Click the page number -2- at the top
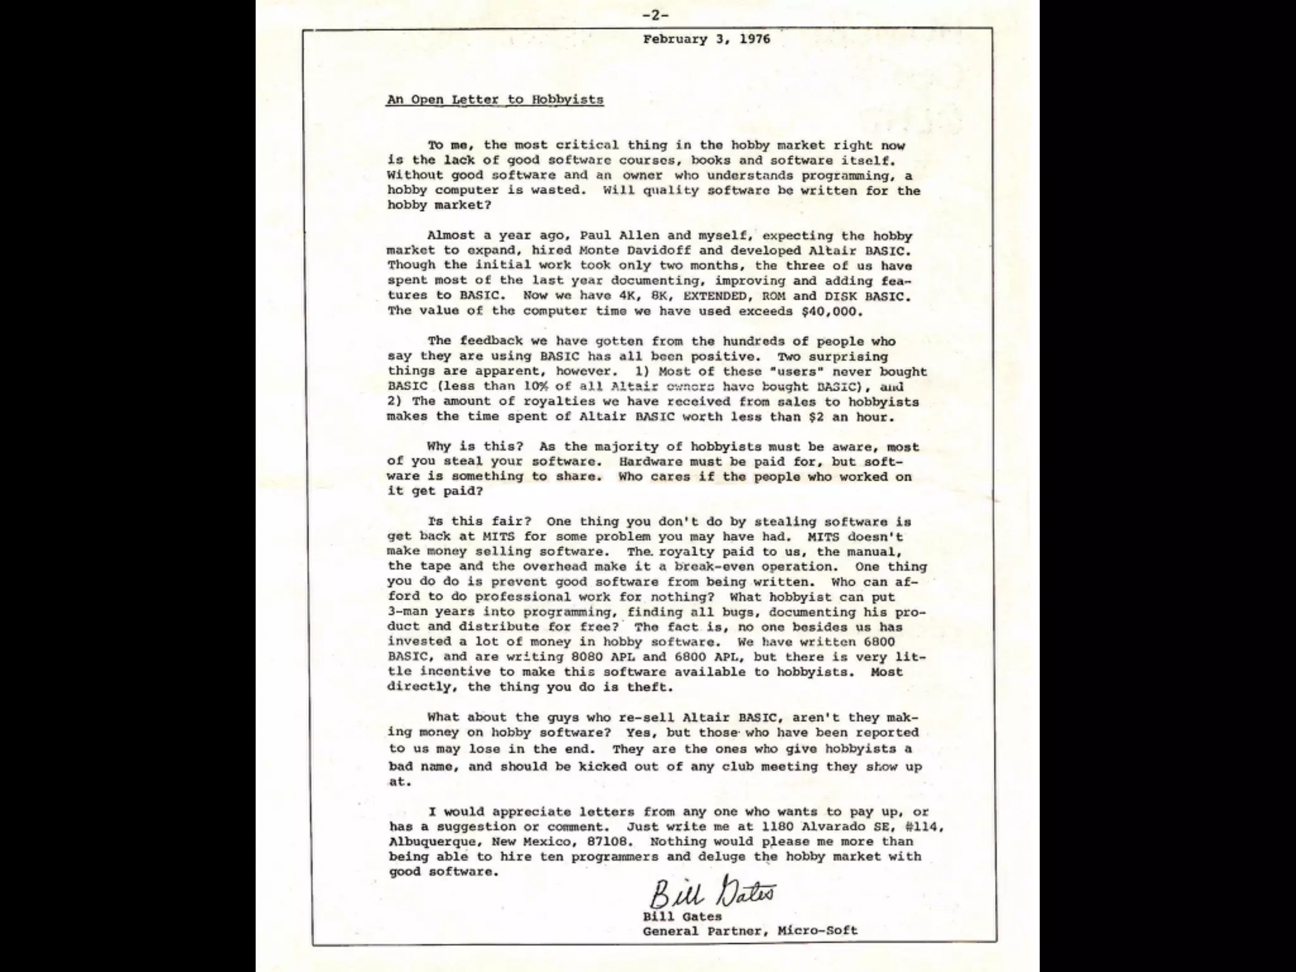coord(655,15)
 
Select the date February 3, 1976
coord(706,39)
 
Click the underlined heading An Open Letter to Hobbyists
coord(495,99)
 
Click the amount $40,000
coord(832,311)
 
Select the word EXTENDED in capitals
coord(715,296)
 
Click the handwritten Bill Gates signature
coord(712,894)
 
